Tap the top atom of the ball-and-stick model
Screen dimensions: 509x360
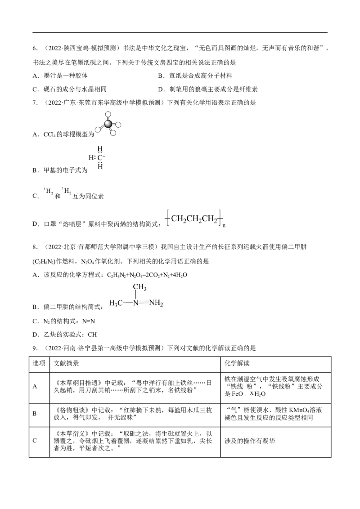pos(107,112)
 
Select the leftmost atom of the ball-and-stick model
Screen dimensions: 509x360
pos(96,129)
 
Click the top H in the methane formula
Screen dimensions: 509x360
pos(101,148)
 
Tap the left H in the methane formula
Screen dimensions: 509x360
pos(90,157)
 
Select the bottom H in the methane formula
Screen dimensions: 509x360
pos(101,166)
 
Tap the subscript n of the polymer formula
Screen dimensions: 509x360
pos(224,227)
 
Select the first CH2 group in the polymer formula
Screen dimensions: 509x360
pos(178,219)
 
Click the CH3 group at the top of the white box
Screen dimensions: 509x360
pos(139,287)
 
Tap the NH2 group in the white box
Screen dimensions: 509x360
pos(156,303)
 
